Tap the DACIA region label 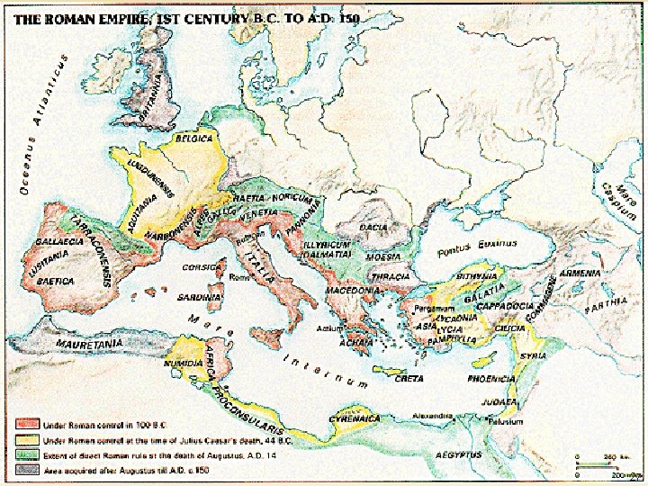pyautogui.click(x=373, y=228)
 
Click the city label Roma pyautogui.click(x=239, y=278)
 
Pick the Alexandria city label pyautogui.click(x=431, y=416)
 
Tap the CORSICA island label pyautogui.click(x=202, y=267)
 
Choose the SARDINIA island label pyautogui.click(x=199, y=296)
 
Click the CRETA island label pyautogui.click(x=409, y=379)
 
